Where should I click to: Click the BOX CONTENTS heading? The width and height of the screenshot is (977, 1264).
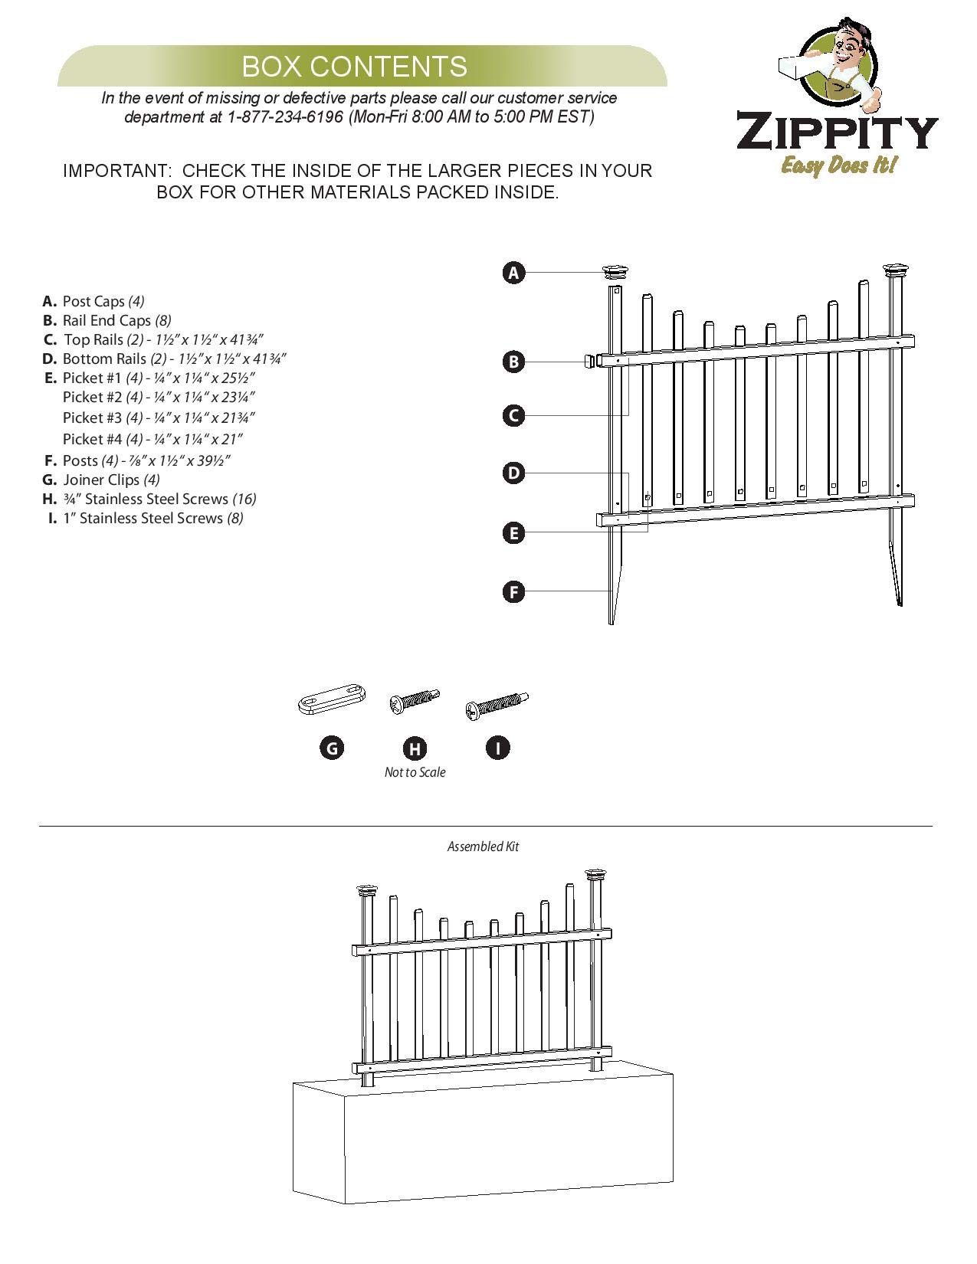point(354,67)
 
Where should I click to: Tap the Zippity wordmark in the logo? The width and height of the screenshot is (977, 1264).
point(837,133)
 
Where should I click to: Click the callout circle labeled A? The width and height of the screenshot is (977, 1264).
point(514,272)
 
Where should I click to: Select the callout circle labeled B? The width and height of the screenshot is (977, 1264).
point(514,362)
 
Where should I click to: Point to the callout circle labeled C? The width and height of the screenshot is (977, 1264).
point(514,416)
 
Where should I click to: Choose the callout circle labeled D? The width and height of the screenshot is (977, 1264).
point(514,473)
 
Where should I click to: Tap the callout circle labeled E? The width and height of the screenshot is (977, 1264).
point(514,532)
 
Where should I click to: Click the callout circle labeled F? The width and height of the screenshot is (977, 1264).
point(514,591)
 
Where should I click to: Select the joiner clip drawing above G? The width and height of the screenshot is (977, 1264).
point(331,700)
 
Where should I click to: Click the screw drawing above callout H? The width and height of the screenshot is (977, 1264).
point(414,700)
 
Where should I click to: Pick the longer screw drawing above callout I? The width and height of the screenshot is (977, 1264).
point(497,704)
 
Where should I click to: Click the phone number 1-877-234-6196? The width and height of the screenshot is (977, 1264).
point(285,117)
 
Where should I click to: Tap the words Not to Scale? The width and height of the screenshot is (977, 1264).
point(415,772)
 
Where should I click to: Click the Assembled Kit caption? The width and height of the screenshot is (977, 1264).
point(483,846)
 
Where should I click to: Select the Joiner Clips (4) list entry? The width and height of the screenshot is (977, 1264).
point(111,480)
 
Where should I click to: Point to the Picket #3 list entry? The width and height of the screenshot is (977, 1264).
point(158,418)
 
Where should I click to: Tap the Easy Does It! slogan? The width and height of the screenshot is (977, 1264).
point(838,165)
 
